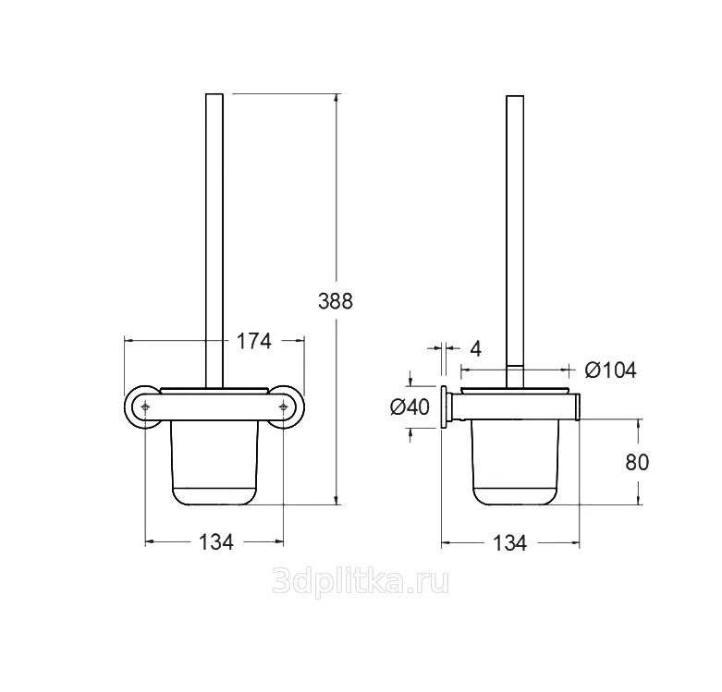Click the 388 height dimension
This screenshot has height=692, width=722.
336,301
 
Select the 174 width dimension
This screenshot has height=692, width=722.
253,342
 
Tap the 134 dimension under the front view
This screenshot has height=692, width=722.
216,542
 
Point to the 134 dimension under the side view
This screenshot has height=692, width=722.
509,543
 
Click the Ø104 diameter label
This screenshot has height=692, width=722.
610,370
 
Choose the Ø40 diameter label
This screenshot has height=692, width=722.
410,407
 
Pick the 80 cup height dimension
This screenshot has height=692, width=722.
637,462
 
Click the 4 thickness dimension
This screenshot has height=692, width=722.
476,349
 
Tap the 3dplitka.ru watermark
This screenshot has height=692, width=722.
361,581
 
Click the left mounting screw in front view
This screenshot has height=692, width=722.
145,407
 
